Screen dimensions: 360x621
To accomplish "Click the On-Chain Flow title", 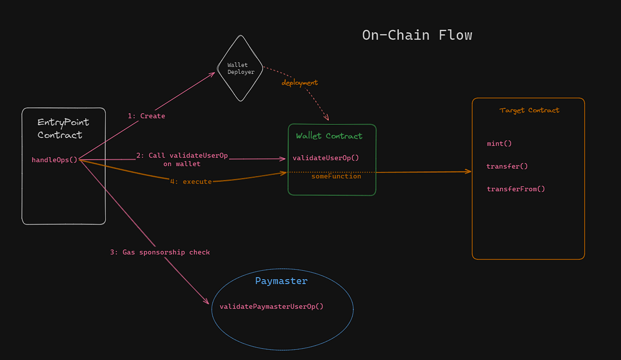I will (417, 35).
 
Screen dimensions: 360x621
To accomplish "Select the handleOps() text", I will (54, 160).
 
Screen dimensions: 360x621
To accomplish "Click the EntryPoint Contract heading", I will (63, 128).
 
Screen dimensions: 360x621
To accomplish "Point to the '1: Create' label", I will (146, 116).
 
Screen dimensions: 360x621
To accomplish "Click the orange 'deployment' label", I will (299, 83).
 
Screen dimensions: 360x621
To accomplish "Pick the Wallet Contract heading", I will (329, 136).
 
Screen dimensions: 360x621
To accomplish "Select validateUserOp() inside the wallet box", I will (326, 158).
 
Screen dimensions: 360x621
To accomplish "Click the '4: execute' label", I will (191, 182).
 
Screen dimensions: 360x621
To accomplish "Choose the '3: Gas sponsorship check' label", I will (160, 252).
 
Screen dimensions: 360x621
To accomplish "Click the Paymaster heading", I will (281, 281).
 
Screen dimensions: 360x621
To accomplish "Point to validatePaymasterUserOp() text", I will (271, 306).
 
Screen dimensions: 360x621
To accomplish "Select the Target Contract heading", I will (529, 110).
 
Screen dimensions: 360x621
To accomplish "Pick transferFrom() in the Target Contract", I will (515, 189).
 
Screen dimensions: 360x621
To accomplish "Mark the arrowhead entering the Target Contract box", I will (468, 171).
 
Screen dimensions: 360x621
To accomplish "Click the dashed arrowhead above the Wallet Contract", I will (327, 119).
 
